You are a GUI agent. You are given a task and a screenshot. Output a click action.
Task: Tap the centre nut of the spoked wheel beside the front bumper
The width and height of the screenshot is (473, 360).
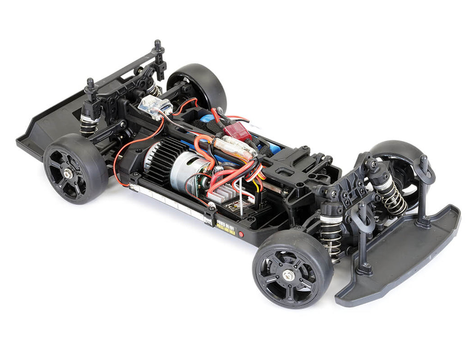[290, 276]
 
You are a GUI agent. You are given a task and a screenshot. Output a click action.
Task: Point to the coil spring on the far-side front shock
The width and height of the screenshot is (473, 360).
[393, 196]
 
